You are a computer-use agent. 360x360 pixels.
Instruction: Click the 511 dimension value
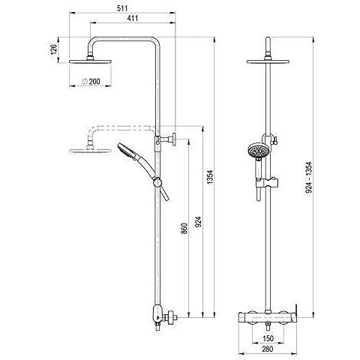pyautogui.click(x=122, y=8)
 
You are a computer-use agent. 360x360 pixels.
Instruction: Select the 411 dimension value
pyautogui.click(x=132, y=18)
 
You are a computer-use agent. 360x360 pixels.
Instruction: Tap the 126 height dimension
pyautogui.click(x=54, y=50)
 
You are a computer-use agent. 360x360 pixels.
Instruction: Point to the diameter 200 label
pyautogui.click(x=91, y=81)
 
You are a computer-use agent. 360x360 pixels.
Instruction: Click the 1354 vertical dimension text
pyautogui.click(x=210, y=177)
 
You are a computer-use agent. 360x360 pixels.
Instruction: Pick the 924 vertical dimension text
pyautogui.click(x=198, y=222)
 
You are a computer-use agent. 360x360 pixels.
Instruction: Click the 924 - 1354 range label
pyautogui.click(x=309, y=178)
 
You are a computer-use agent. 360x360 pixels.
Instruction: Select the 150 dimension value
pyautogui.click(x=268, y=338)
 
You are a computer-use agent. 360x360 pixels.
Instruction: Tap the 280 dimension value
pyautogui.click(x=268, y=348)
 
